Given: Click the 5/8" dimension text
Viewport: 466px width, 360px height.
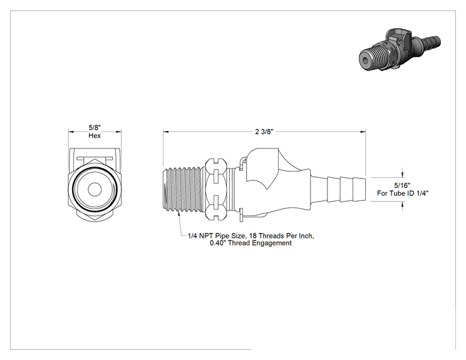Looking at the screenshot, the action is point(95,128).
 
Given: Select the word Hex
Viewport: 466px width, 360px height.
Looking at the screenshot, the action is point(95,136).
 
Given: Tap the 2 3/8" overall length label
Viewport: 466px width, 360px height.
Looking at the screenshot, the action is point(264,131).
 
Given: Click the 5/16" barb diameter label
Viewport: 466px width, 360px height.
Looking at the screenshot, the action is point(402,186).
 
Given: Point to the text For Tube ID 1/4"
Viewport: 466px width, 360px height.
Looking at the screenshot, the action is point(403,193).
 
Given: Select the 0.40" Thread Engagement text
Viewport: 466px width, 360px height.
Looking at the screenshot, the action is point(251,244).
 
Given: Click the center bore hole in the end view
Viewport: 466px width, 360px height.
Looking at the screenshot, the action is point(95,190).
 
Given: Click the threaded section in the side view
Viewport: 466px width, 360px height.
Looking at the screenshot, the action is point(182,190).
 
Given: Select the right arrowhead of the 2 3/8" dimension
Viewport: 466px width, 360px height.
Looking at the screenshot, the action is point(363,131).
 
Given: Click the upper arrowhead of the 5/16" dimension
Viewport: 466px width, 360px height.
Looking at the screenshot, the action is point(402,175).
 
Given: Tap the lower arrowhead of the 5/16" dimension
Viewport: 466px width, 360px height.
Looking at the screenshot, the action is point(402,204).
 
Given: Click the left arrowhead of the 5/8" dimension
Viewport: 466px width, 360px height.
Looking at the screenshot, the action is point(71,131).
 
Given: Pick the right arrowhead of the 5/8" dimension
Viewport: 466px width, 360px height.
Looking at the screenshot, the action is point(118,131).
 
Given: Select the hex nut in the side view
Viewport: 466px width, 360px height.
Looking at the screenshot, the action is point(216,190).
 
